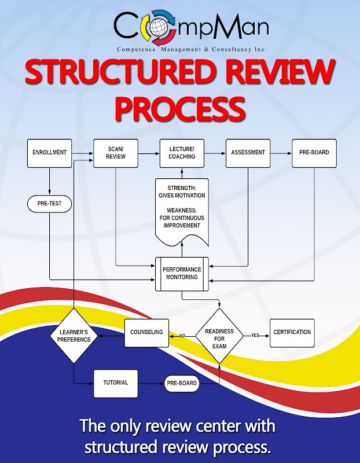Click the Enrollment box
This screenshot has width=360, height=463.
(x=49, y=153)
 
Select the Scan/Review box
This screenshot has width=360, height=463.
(x=116, y=153)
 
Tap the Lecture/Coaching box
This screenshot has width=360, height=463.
(x=182, y=153)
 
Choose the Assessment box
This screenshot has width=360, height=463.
(x=248, y=153)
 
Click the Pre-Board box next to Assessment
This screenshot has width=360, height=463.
(x=314, y=153)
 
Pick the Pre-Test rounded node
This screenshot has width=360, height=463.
(x=49, y=204)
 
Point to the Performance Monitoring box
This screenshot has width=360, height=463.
(x=182, y=273)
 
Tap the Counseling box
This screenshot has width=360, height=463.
(x=146, y=333)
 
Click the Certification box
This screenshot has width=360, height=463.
(x=292, y=333)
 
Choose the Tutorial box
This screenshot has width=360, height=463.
(x=116, y=383)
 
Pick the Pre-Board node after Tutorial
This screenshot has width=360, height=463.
(x=182, y=383)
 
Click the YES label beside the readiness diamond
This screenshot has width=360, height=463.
(x=255, y=336)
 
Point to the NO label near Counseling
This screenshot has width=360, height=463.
(x=182, y=336)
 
